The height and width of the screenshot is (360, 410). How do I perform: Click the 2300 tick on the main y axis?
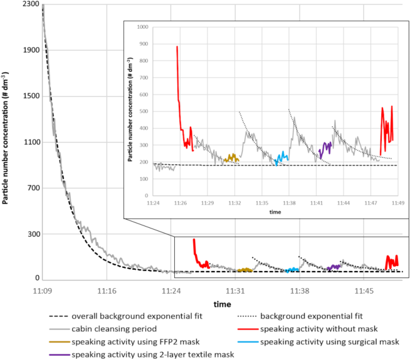coord(31,4)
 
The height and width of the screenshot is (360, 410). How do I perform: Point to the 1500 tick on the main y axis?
coord(31,96)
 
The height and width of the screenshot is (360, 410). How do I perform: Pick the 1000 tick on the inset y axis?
coord(141,28)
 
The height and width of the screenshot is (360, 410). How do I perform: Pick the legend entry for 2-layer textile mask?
coord(152,355)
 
